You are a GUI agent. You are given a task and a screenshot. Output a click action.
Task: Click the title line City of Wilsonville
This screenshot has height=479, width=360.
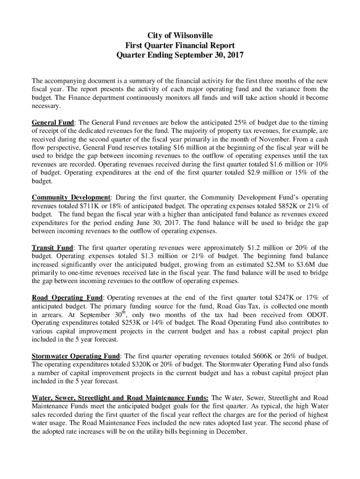(x=180, y=36)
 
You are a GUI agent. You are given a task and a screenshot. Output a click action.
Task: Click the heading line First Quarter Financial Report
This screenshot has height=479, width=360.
(x=180, y=45)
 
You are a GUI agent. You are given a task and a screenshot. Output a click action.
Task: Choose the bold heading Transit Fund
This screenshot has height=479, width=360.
(x=52, y=247)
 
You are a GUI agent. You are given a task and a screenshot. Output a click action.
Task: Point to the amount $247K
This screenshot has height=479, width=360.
(x=262, y=298)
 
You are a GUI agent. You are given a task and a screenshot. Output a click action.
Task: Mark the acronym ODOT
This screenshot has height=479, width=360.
(x=316, y=315)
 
